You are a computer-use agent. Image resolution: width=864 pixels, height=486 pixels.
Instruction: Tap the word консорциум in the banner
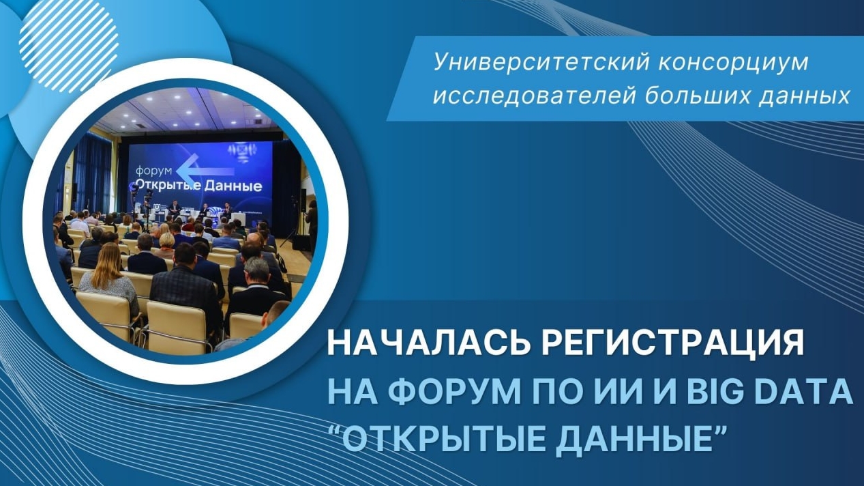pyautogui.click(x=733, y=63)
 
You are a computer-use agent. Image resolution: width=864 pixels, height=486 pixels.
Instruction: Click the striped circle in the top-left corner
pyautogui.click(x=69, y=43)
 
